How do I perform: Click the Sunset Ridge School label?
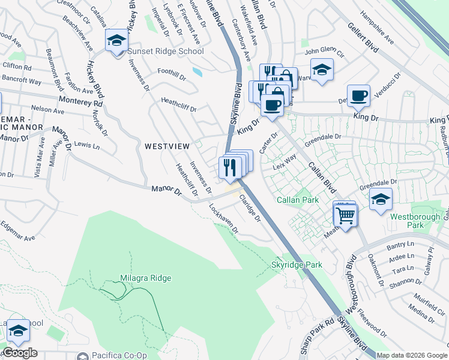[164, 51]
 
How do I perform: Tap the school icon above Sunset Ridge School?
[116, 41]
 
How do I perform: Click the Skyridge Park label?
[297, 265]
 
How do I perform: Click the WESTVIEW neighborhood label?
[167, 146]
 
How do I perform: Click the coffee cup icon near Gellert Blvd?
[359, 95]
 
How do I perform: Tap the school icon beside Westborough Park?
[381, 200]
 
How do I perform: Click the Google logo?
[19, 352]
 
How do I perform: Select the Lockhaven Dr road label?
[223, 220]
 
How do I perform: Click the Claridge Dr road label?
[249, 208]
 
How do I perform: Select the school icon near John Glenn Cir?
[322, 70]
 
